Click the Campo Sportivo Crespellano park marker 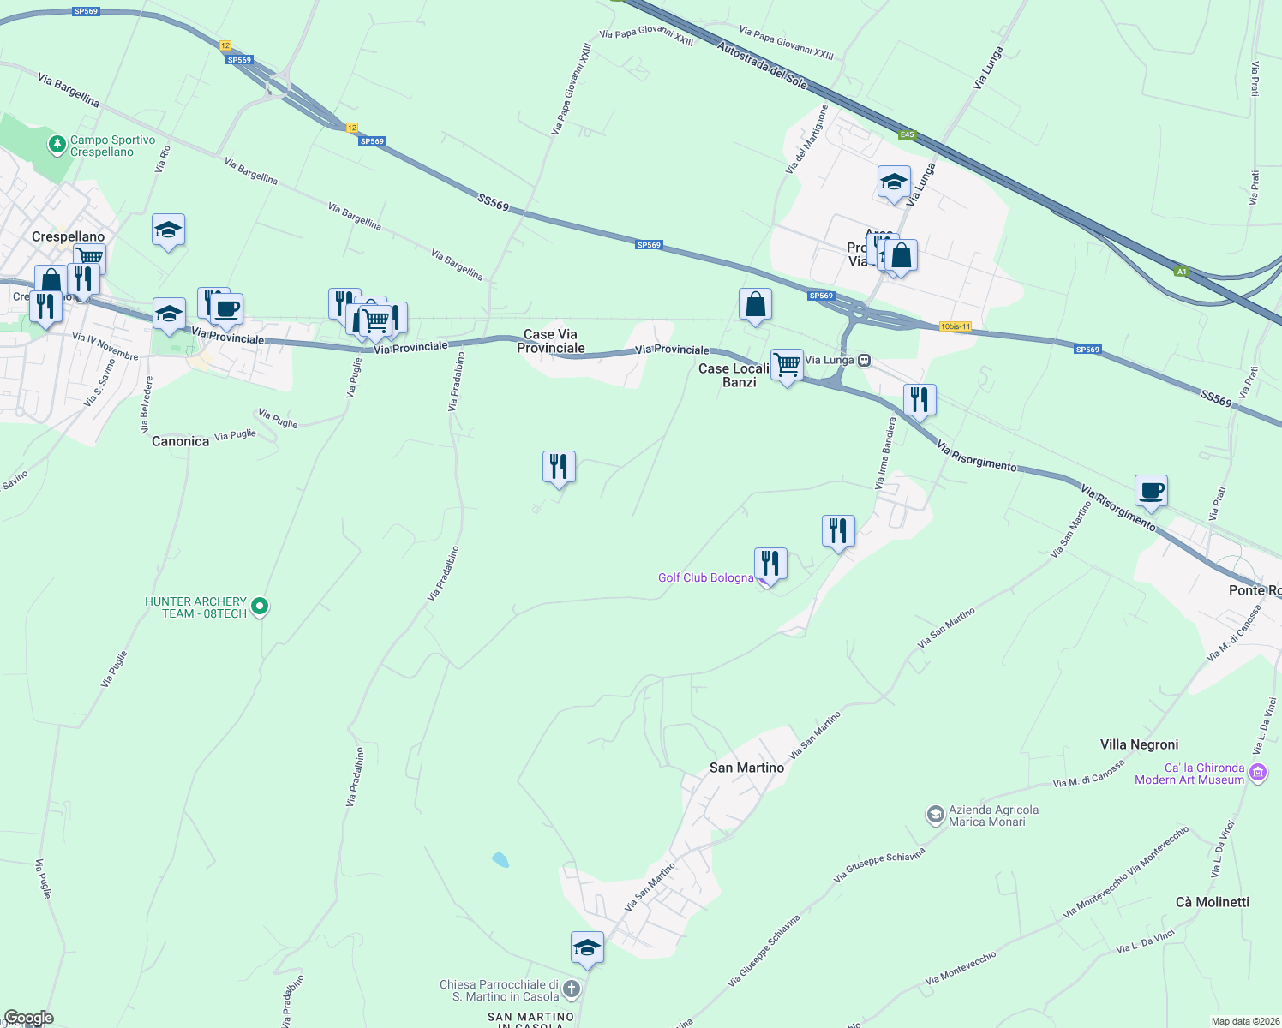coord(57,145)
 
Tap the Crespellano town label coord(68,236)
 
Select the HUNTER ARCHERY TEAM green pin coord(260,607)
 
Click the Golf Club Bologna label coord(705,577)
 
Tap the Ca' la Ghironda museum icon coord(1257,774)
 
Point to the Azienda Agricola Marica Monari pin coord(935,815)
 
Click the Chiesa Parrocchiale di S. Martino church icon coord(572,989)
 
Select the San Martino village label coord(746,768)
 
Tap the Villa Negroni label coord(1139,744)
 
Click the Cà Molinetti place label coord(1212,902)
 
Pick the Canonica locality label coord(180,441)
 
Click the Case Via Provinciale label coord(550,341)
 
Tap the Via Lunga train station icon coord(865,361)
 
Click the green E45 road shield coord(908,134)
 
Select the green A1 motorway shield coord(1182,272)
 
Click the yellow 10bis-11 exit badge coord(955,326)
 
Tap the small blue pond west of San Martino coord(500,858)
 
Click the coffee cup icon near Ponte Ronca coord(1151,491)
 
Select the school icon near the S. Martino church coord(587,947)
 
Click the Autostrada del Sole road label coord(762,65)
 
